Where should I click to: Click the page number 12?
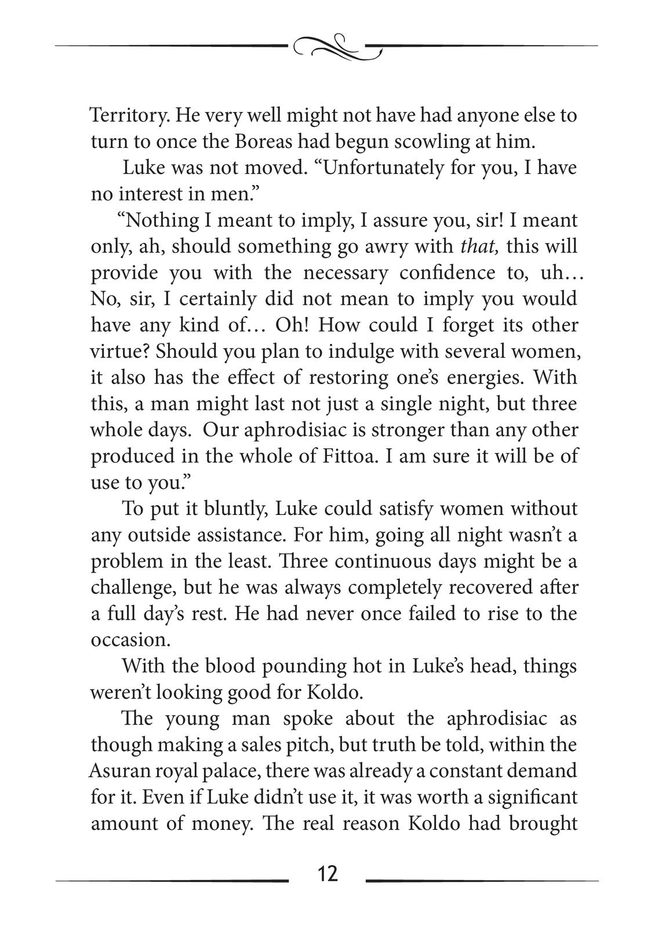328,872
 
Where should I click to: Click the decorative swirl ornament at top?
338,47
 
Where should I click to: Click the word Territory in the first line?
129,115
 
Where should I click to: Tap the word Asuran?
119,771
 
